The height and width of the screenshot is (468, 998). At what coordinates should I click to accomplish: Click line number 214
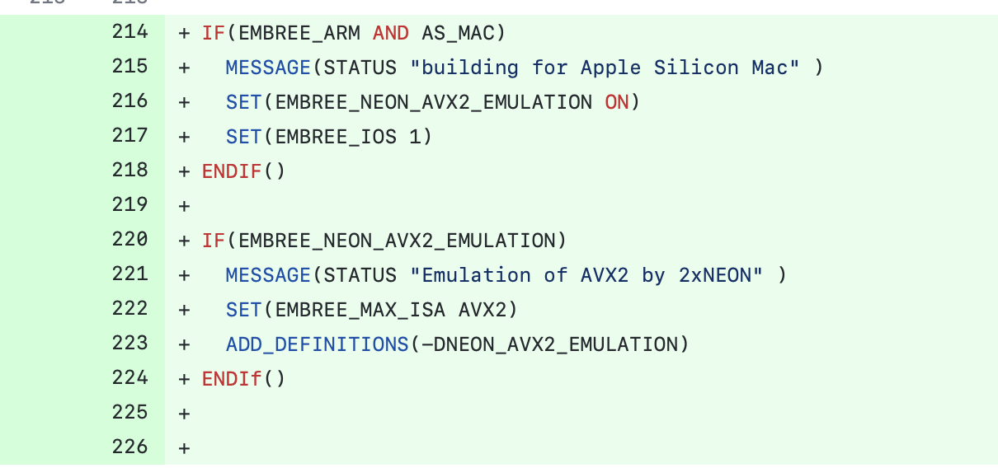(129, 32)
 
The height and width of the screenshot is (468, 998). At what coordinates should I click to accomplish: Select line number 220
(129, 240)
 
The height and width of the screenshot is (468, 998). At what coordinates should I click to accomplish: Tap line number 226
(129, 447)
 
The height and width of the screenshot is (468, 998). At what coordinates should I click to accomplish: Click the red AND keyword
(390, 33)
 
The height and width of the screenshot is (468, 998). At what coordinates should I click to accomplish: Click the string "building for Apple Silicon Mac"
(605, 68)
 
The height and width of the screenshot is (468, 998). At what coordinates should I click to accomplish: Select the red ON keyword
(616, 102)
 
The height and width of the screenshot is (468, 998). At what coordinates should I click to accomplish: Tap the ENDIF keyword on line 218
(232, 171)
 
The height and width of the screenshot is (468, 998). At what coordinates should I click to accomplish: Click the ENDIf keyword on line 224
(232, 379)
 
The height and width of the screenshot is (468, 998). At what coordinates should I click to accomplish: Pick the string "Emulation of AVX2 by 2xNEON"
(586, 275)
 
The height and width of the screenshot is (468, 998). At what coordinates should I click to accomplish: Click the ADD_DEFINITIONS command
(317, 344)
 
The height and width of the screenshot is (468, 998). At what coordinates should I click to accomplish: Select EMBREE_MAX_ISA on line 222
(360, 310)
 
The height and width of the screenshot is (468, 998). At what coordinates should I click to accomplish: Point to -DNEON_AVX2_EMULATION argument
(548, 344)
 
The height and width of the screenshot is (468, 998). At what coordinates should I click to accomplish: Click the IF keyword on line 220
(214, 241)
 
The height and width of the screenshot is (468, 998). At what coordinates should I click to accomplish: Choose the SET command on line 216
(244, 102)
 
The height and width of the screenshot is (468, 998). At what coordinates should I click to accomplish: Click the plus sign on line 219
(183, 206)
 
